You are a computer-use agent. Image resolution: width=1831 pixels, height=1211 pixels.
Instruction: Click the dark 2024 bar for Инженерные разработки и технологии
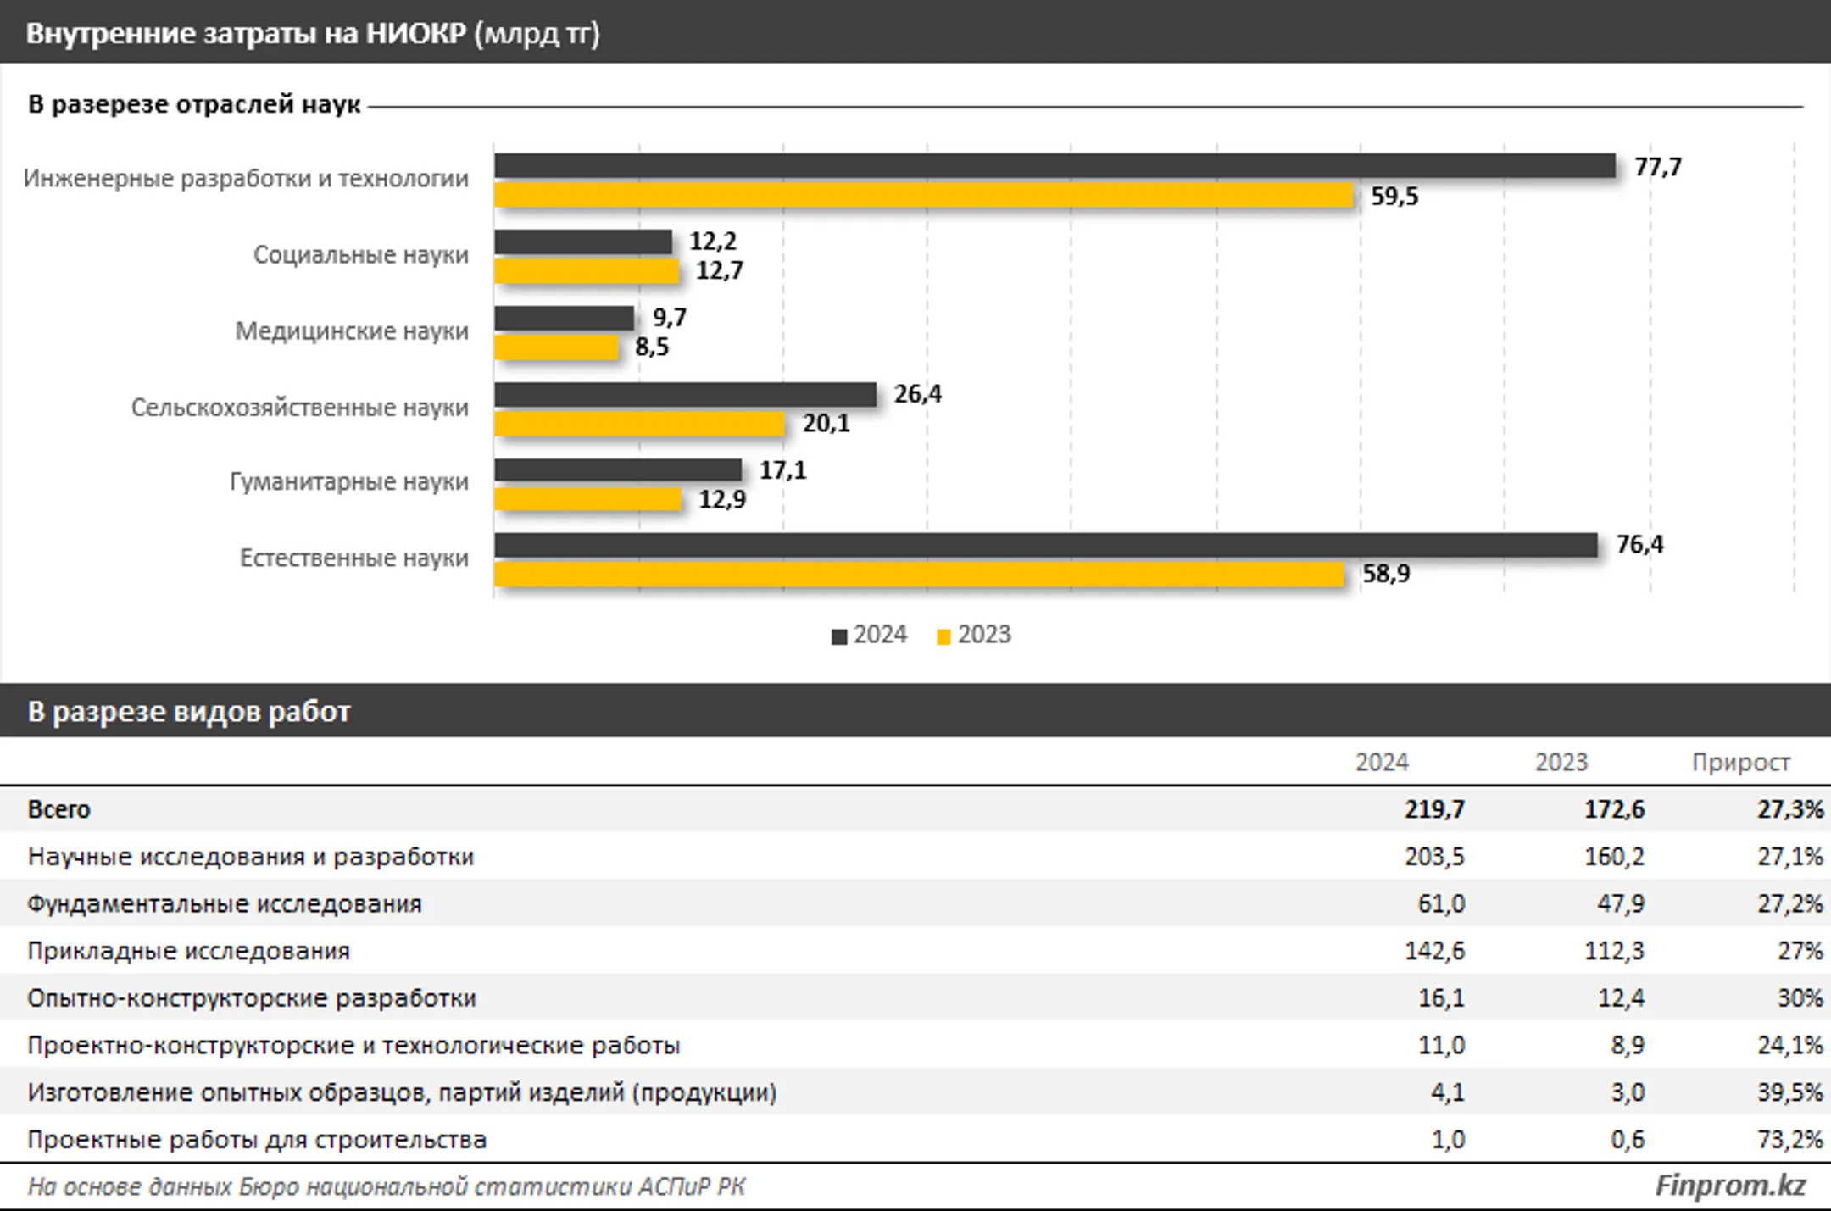click(x=1055, y=166)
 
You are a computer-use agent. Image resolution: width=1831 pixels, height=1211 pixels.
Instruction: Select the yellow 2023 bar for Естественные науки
click(x=919, y=575)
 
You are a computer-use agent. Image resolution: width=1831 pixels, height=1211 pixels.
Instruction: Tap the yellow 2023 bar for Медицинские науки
click(x=556, y=347)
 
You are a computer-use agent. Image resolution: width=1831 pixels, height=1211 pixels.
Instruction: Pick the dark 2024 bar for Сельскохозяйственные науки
click(x=685, y=395)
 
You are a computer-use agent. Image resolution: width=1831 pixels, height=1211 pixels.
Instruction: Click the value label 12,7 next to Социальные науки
click(x=720, y=271)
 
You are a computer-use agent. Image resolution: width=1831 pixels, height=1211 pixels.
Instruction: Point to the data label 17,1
click(x=782, y=470)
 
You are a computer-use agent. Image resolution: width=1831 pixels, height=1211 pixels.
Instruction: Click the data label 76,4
click(x=1639, y=545)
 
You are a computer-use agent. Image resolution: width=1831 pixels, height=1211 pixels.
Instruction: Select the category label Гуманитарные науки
click(x=349, y=482)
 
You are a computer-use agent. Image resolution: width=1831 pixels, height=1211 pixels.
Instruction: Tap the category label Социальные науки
click(x=361, y=255)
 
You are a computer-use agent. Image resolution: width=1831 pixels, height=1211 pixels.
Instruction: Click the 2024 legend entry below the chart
click(x=870, y=635)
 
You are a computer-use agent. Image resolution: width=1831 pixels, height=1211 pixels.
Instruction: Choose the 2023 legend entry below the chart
click(x=974, y=635)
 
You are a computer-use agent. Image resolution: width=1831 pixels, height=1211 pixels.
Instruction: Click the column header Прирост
click(x=1741, y=763)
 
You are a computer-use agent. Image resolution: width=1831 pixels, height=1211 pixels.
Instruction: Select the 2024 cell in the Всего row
click(x=1434, y=809)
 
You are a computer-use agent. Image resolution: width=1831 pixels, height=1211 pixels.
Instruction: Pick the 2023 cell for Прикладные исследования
click(x=1614, y=951)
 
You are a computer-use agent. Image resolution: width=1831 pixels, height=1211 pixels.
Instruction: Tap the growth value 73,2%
click(x=1789, y=1140)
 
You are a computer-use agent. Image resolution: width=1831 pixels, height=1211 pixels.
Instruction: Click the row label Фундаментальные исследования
click(x=225, y=904)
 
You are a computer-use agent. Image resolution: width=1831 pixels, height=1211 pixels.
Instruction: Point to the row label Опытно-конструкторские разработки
click(x=252, y=998)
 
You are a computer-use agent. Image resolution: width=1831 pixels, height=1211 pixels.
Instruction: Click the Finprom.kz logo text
click(x=1730, y=1186)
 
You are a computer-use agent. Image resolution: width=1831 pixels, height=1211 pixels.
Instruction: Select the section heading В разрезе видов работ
click(x=188, y=711)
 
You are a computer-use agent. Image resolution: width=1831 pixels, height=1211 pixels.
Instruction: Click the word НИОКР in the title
click(x=416, y=33)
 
